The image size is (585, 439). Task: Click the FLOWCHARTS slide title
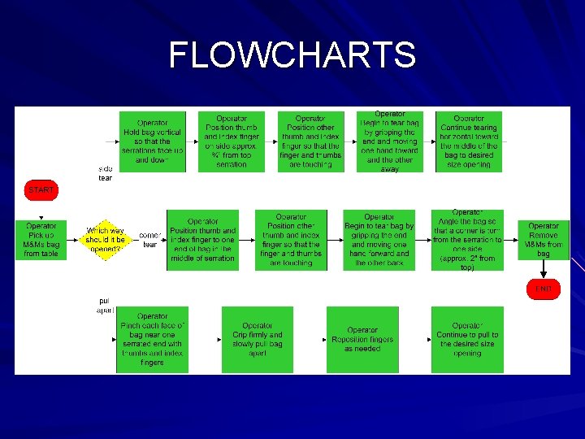click(292, 56)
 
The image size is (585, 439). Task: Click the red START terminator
click(41, 190)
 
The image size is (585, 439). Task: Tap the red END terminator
click(543, 289)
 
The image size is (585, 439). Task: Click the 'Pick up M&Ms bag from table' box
click(41, 240)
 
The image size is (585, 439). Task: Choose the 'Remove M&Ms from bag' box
click(543, 240)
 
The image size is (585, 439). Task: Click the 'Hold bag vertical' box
click(153, 141)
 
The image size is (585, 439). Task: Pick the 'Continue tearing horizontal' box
click(469, 141)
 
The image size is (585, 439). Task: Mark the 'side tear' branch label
click(106, 173)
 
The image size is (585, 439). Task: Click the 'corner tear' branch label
click(150, 240)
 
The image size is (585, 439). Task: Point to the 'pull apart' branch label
click(106, 305)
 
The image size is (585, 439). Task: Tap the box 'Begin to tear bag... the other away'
click(390, 141)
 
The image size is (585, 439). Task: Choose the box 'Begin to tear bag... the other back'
click(379, 240)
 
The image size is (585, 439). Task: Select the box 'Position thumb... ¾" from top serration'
click(232, 141)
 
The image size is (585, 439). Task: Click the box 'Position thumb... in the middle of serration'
click(202, 240)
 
